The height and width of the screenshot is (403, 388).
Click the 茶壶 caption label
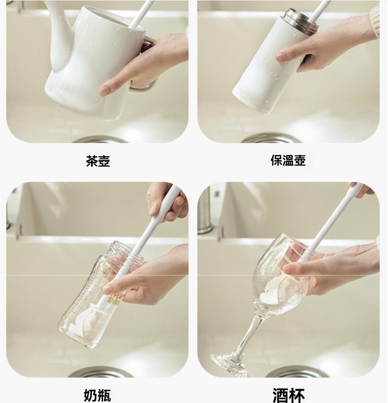coord(98,161)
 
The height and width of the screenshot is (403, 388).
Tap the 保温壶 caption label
coord(288,160)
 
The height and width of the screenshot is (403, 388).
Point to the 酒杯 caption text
coord(289,396)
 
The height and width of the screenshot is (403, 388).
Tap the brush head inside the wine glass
coord(273,290)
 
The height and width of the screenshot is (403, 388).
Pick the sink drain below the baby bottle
coord(102,372)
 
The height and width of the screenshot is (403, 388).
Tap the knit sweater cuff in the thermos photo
coord(375,22)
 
